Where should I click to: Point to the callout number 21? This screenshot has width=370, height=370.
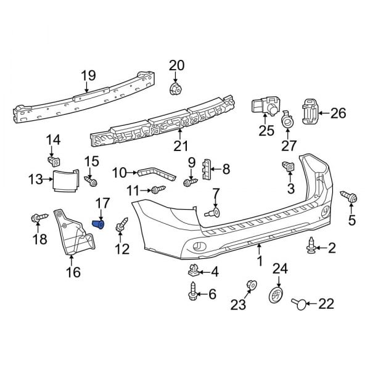[x=180, y=146]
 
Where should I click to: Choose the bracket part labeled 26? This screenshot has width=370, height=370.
[x=310, y=111]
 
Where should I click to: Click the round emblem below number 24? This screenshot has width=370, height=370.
[x=276, y=295]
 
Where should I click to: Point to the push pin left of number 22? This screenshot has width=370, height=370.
[x=298, y=302]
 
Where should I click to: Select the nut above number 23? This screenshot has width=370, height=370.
[x=251, y=284]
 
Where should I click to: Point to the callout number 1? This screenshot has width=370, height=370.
[x=260, y=261]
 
